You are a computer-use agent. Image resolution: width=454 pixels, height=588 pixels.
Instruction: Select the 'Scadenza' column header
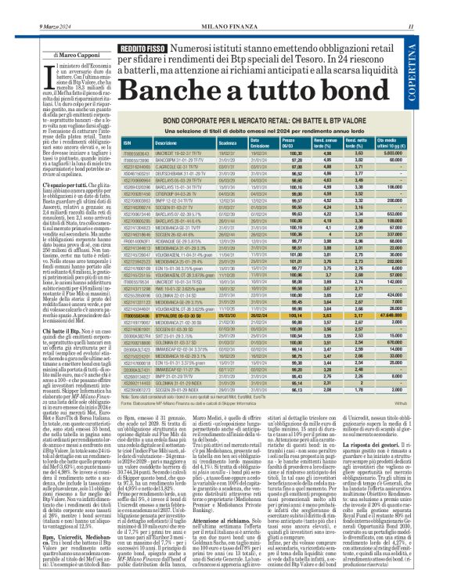pos(207,143)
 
